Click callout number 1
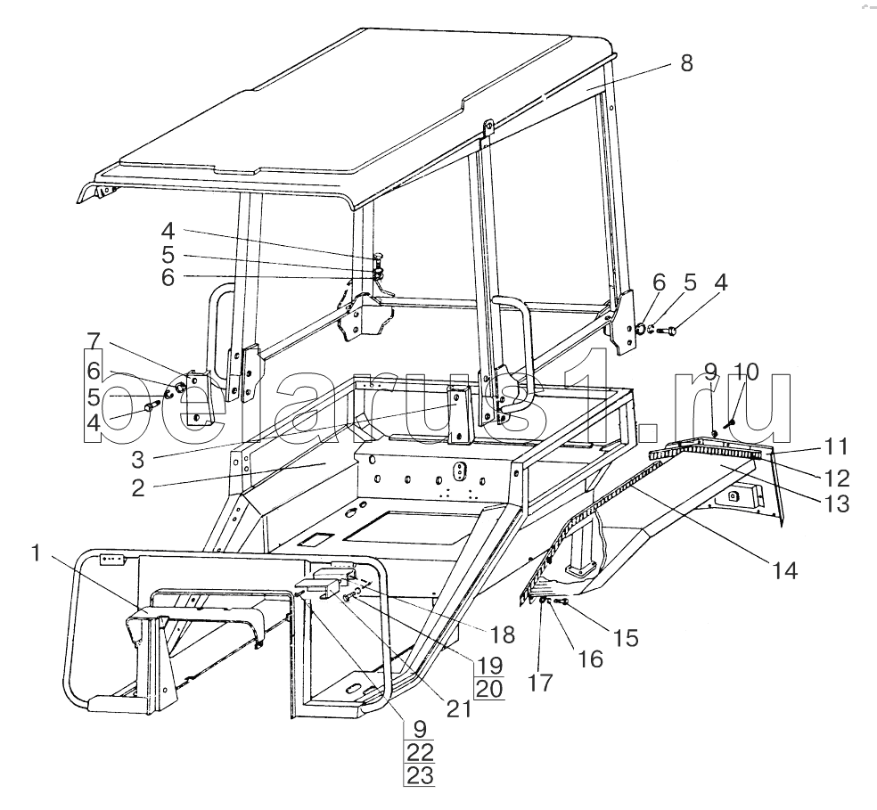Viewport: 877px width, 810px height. click(36, 552)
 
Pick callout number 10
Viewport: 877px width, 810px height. click(747, 371)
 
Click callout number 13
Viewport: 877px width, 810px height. click(836, 504)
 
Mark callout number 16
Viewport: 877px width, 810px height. click(589, 659)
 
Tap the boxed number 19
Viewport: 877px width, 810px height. click(488, 664)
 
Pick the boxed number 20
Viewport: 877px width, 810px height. click(488, 688)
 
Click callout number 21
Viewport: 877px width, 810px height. click(460, 708)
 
